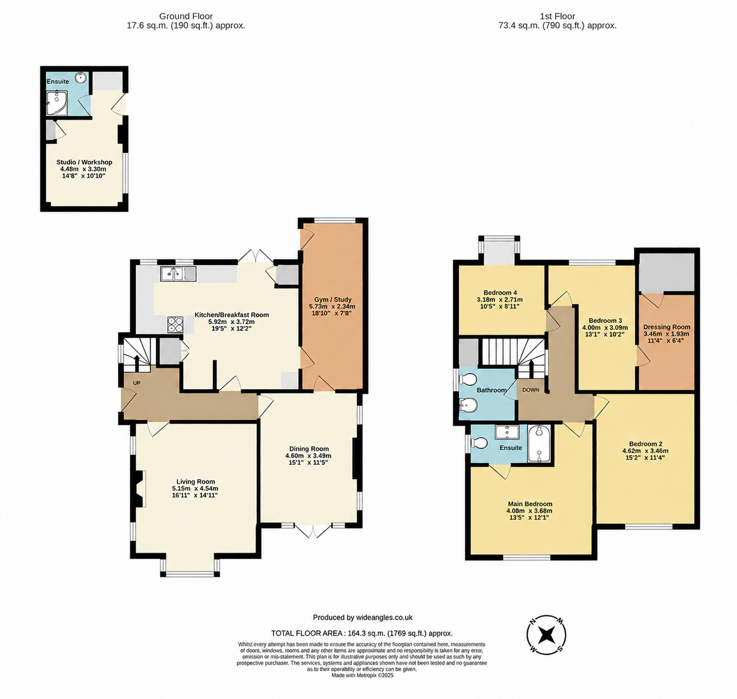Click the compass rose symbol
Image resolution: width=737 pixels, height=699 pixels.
[546, 635]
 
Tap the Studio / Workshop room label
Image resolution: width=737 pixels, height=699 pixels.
[84, 162]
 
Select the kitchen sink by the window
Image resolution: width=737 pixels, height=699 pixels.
[179, 274]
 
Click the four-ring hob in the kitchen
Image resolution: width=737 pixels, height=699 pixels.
[176, 325]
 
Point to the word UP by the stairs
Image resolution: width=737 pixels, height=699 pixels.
[137, 383]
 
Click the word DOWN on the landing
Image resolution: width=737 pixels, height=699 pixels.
[531, 390]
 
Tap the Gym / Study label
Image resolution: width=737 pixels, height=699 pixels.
[332, 299]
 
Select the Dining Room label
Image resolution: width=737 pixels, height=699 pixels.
[309, 449]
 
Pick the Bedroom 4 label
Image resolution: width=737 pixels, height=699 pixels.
[500, 293]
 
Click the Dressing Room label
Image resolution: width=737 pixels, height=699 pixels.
[667, 327]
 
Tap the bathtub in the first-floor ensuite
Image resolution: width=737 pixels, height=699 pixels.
[539, 444]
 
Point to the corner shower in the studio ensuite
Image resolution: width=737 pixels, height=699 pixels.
[57, 102]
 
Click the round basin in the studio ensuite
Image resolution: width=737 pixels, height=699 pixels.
[80, 78]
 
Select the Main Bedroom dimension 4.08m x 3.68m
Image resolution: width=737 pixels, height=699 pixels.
[529, 511]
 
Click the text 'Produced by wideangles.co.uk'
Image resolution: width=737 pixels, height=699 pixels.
[363, 618]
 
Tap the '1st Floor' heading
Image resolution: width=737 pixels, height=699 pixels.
[557, 16]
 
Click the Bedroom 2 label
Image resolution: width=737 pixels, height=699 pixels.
[643, 444]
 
